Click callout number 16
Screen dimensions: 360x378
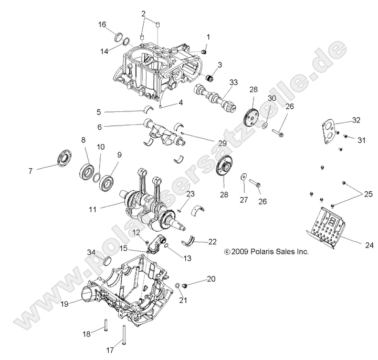tap(102, 25)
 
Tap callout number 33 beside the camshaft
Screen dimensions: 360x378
tap(233, 82)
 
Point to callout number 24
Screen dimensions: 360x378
tap(369, 245)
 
